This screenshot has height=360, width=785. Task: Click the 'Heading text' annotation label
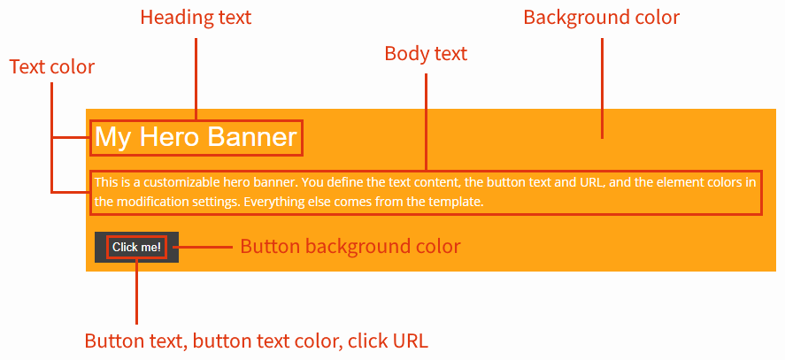click(196, 18)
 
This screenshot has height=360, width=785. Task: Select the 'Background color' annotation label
click(601, 18)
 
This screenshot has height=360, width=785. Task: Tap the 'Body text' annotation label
click(426, 54)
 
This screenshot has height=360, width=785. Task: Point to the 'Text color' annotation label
click(51, 67)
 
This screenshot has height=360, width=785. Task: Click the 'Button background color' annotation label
click(350, 246)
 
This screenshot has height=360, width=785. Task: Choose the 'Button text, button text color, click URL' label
click(256, 341)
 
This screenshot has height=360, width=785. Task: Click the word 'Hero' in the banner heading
click(169, 137)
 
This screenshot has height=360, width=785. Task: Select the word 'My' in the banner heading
click(112, 137)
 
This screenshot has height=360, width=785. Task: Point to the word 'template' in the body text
click(455, 202)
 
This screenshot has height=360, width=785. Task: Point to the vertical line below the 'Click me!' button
click(137, 292)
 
